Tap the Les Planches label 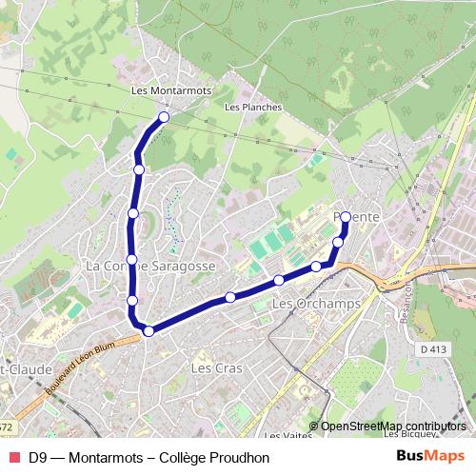253,108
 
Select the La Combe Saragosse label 150,267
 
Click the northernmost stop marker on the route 164,117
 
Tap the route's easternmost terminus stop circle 345,216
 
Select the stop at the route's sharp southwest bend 149,330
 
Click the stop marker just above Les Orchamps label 278,280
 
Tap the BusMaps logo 430,456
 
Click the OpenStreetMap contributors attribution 394,426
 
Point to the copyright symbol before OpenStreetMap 314,426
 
